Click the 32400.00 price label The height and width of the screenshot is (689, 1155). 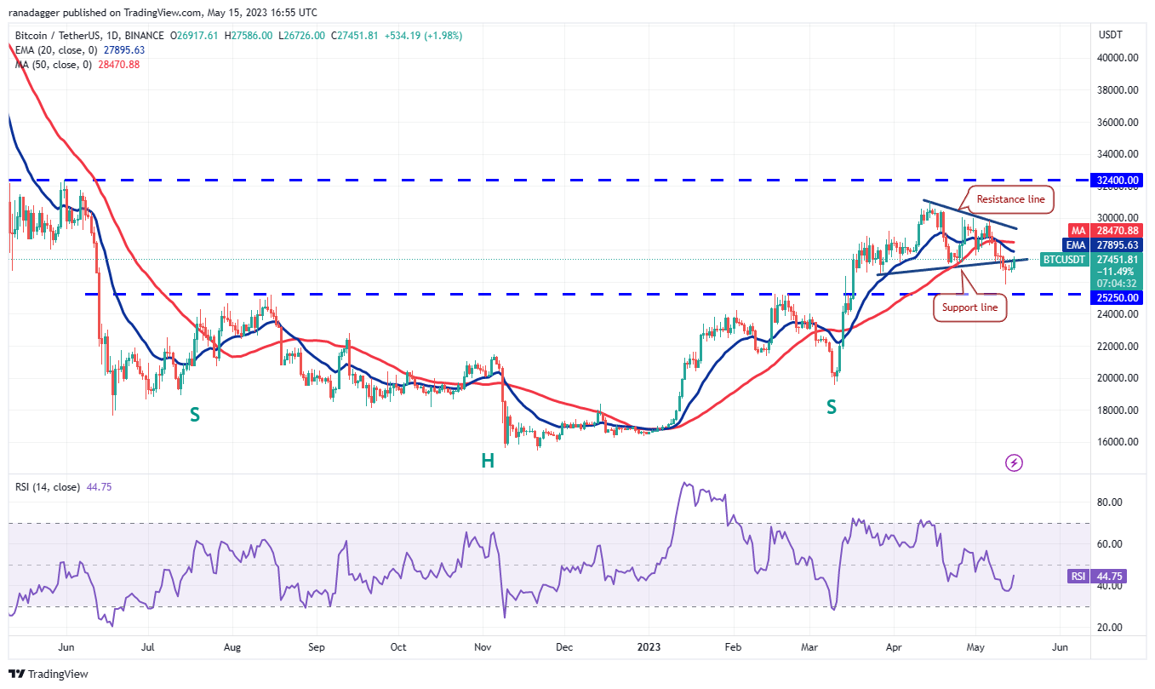click(1118, 181)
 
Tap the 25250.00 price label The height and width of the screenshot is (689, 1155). click(1118, 298)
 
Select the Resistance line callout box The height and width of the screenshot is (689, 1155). click(1009, 199)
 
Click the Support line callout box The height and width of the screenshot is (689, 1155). click(970, 307)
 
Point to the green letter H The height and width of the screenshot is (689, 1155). click(488, 461)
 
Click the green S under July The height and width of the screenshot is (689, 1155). click(195, 414)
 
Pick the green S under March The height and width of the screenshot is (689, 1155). click(831, 407)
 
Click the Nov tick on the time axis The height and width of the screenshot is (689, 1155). click(482, 646)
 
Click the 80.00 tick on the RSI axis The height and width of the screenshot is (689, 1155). click(1110, 502)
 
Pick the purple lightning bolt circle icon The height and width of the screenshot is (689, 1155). click(1014, 462)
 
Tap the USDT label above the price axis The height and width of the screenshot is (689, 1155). click(1111, 35)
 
